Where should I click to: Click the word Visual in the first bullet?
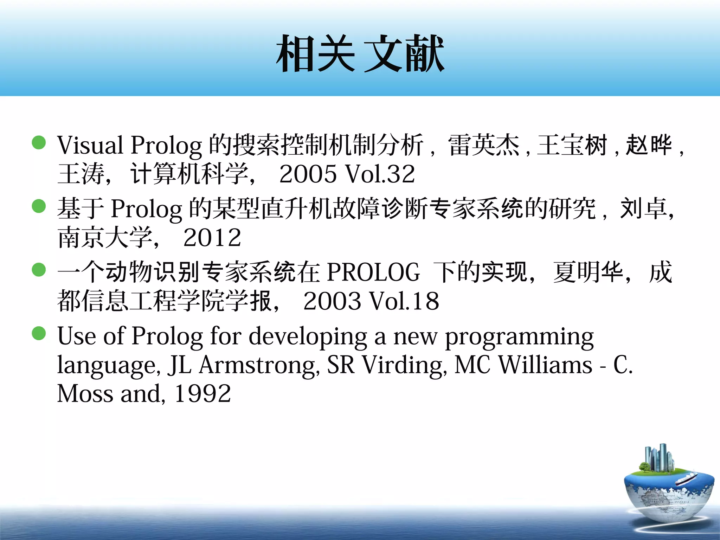click(90, 146)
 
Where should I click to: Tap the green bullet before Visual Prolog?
click(39, 143)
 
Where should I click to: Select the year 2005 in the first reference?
click(308, 174)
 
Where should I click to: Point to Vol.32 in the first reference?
click(380, 174)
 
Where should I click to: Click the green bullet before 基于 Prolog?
click(39, 206)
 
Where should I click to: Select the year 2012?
click(212, 238)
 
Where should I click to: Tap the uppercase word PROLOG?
click(373, 272)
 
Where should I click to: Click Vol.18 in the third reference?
click(404, 301)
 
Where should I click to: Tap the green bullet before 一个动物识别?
click(39, 270)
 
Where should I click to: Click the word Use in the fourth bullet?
click(77, 336)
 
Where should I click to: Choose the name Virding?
click(404, 366)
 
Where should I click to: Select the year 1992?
click(203, 394)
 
